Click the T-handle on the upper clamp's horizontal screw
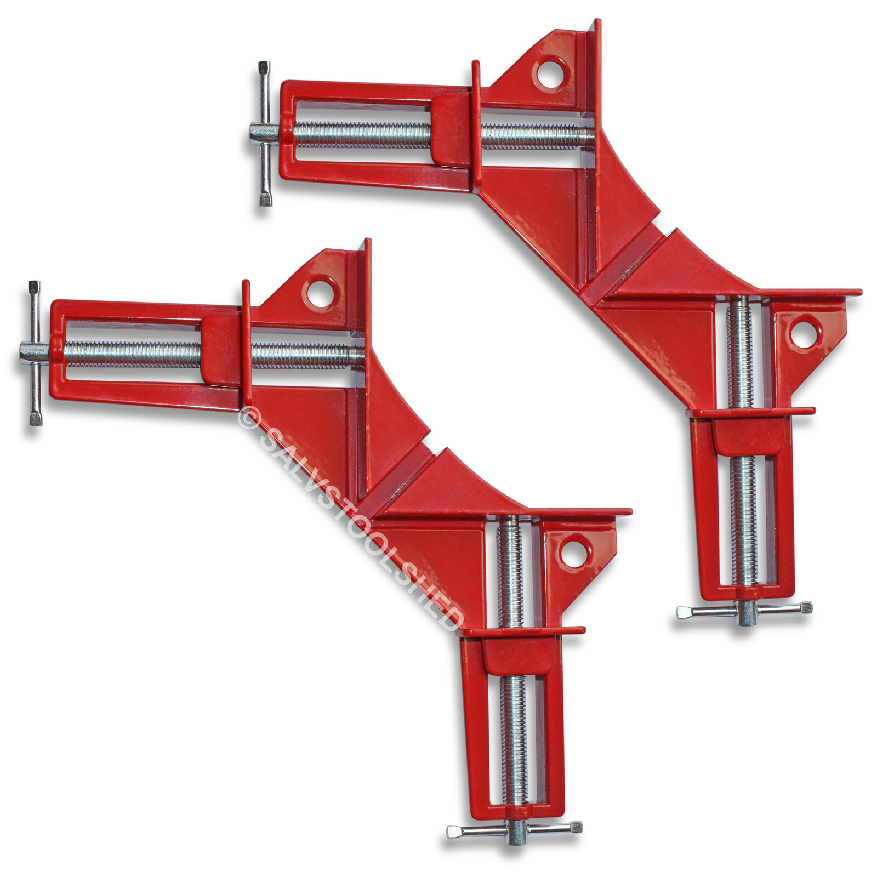point(265,134)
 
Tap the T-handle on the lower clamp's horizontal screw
point(35,353)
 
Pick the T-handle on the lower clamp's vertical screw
point(514,832)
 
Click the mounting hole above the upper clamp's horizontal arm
point(550,73)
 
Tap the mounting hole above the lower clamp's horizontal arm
point(320,293)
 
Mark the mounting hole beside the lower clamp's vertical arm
point(574,554)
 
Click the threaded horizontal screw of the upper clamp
point(362,135)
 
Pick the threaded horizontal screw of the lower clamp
point(132,354)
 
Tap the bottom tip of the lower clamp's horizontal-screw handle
point(36,420)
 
